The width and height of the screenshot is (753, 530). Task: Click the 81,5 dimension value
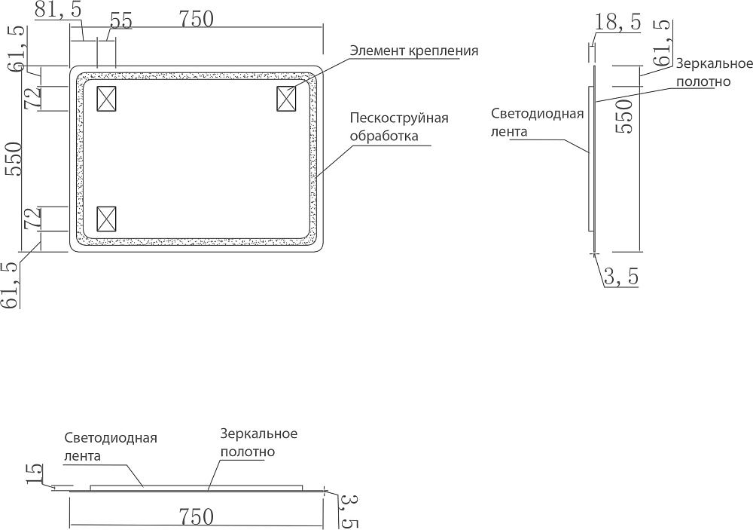tap(58, 9)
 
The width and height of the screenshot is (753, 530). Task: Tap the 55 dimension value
tap(121, 20)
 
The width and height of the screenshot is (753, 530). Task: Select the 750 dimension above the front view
tap(196, 19)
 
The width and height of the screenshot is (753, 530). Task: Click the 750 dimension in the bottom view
tap(196, 517)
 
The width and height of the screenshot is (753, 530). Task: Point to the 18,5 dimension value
tap(618, 22)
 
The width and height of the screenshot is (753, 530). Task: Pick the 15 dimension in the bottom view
tap(34, 473)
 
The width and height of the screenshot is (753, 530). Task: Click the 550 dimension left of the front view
tap(14, 159)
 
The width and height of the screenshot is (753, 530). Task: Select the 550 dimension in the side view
tap(623, 116)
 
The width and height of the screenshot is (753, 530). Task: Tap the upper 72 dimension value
tap(34, 99)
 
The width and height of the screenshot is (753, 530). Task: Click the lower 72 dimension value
tap(34, 219)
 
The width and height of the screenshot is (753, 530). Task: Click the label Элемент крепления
tap(414, 51)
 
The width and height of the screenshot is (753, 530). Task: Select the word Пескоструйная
tap(399, 118)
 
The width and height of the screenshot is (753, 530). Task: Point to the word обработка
tap(384, 136)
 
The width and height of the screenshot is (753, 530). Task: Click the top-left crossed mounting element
tap(106, 99)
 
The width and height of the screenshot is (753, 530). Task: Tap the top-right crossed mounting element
tap(286, 99)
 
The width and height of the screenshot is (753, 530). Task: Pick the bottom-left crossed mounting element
tap(106, 219)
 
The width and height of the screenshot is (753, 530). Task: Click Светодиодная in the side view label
tap(538, 114)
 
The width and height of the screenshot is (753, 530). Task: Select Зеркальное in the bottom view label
tap(259, 433)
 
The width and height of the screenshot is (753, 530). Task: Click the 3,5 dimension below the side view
tap(621, 277)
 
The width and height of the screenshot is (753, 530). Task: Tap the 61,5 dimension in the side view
tap(663, 43)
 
